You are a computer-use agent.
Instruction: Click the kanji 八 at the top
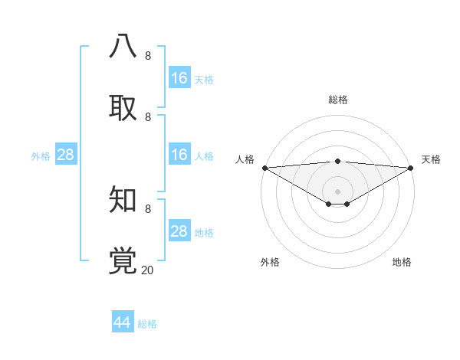[x=123, y=46]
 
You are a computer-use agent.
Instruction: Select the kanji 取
[x=123, y=108]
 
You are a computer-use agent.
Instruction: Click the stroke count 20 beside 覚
[x=148, y=270]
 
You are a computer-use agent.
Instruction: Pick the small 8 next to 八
[x=148, y=55]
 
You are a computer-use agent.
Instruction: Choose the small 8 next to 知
[x=148, y=208]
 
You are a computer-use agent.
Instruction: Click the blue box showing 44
[x=123, y=322]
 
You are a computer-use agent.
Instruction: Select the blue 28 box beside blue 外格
[x=65, y=155]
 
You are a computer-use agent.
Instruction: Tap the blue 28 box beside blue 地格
[x=179, y=231]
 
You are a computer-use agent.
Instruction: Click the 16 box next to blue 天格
[x=179, y=78]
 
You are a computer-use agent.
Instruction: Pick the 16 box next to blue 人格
[x=179, y=155]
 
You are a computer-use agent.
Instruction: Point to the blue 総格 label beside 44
[x=147, y=324]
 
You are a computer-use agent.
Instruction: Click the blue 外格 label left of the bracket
[x=41, y=156]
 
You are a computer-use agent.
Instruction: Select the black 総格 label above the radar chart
[x=338, y=100]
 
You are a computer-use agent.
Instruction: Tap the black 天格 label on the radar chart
[x=431, y=159]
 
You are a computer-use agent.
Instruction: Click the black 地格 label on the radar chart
[x=402, y=262]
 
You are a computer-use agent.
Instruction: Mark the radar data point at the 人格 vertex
[x=264, y=168]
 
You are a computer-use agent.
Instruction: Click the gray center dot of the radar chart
[x=338, y=191]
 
